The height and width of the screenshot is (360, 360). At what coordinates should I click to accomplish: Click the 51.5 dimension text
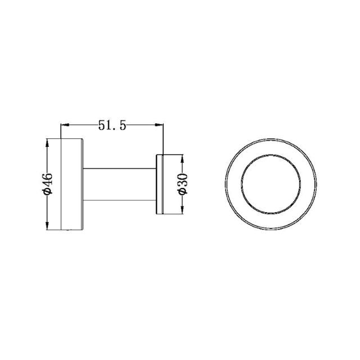coord(111,126)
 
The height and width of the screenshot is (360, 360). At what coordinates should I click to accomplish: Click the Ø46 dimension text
coord(48,184)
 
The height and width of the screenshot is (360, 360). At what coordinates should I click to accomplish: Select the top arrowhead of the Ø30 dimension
coord(182,156)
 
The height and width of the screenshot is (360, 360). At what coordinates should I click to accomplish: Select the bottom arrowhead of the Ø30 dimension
coord(182,211)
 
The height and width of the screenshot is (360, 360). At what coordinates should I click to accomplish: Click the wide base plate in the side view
coord(72,184)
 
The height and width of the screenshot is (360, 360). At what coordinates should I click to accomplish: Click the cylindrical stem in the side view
coord(119,184)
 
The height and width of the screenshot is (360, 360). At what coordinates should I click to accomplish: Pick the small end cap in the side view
coord(160,184)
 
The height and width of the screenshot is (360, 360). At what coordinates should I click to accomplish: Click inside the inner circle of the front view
coord(267,184)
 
